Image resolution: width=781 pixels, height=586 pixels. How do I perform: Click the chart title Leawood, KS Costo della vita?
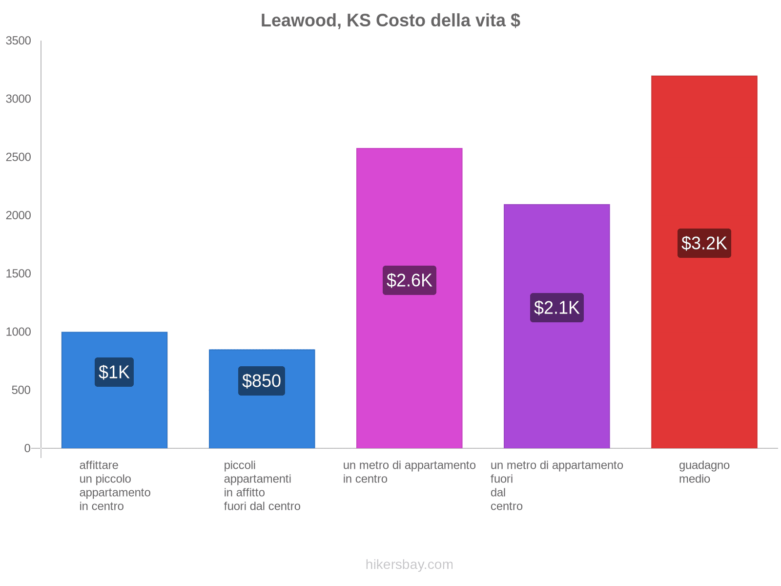(390, 21)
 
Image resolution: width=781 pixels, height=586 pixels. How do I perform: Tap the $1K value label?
(114, 372)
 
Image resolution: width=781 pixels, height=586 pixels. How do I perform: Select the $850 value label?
(262, 381)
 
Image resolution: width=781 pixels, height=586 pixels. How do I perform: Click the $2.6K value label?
(409, 280)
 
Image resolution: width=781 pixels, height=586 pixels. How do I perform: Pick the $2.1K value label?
(556, 308)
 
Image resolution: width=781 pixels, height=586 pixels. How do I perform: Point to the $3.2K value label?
(704, 243)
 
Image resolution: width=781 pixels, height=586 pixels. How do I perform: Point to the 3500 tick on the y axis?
(19, 41)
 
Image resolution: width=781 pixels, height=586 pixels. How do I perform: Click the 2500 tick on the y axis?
(19, 157)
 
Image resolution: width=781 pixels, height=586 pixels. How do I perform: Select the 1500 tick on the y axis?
(19, 273)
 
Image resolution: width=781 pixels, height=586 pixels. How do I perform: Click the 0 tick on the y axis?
(27, 448)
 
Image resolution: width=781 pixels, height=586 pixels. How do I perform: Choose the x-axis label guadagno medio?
(704, 472)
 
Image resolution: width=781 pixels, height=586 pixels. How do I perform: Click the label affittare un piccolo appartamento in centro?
(115, 485)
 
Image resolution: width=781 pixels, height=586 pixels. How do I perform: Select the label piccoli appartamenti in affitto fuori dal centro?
(262, 485)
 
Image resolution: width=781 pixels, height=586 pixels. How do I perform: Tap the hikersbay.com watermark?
(409, 565)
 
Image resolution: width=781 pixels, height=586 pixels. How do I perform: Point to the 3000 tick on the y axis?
(19, 99)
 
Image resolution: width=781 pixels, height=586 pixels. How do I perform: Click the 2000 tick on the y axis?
(19, 215)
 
